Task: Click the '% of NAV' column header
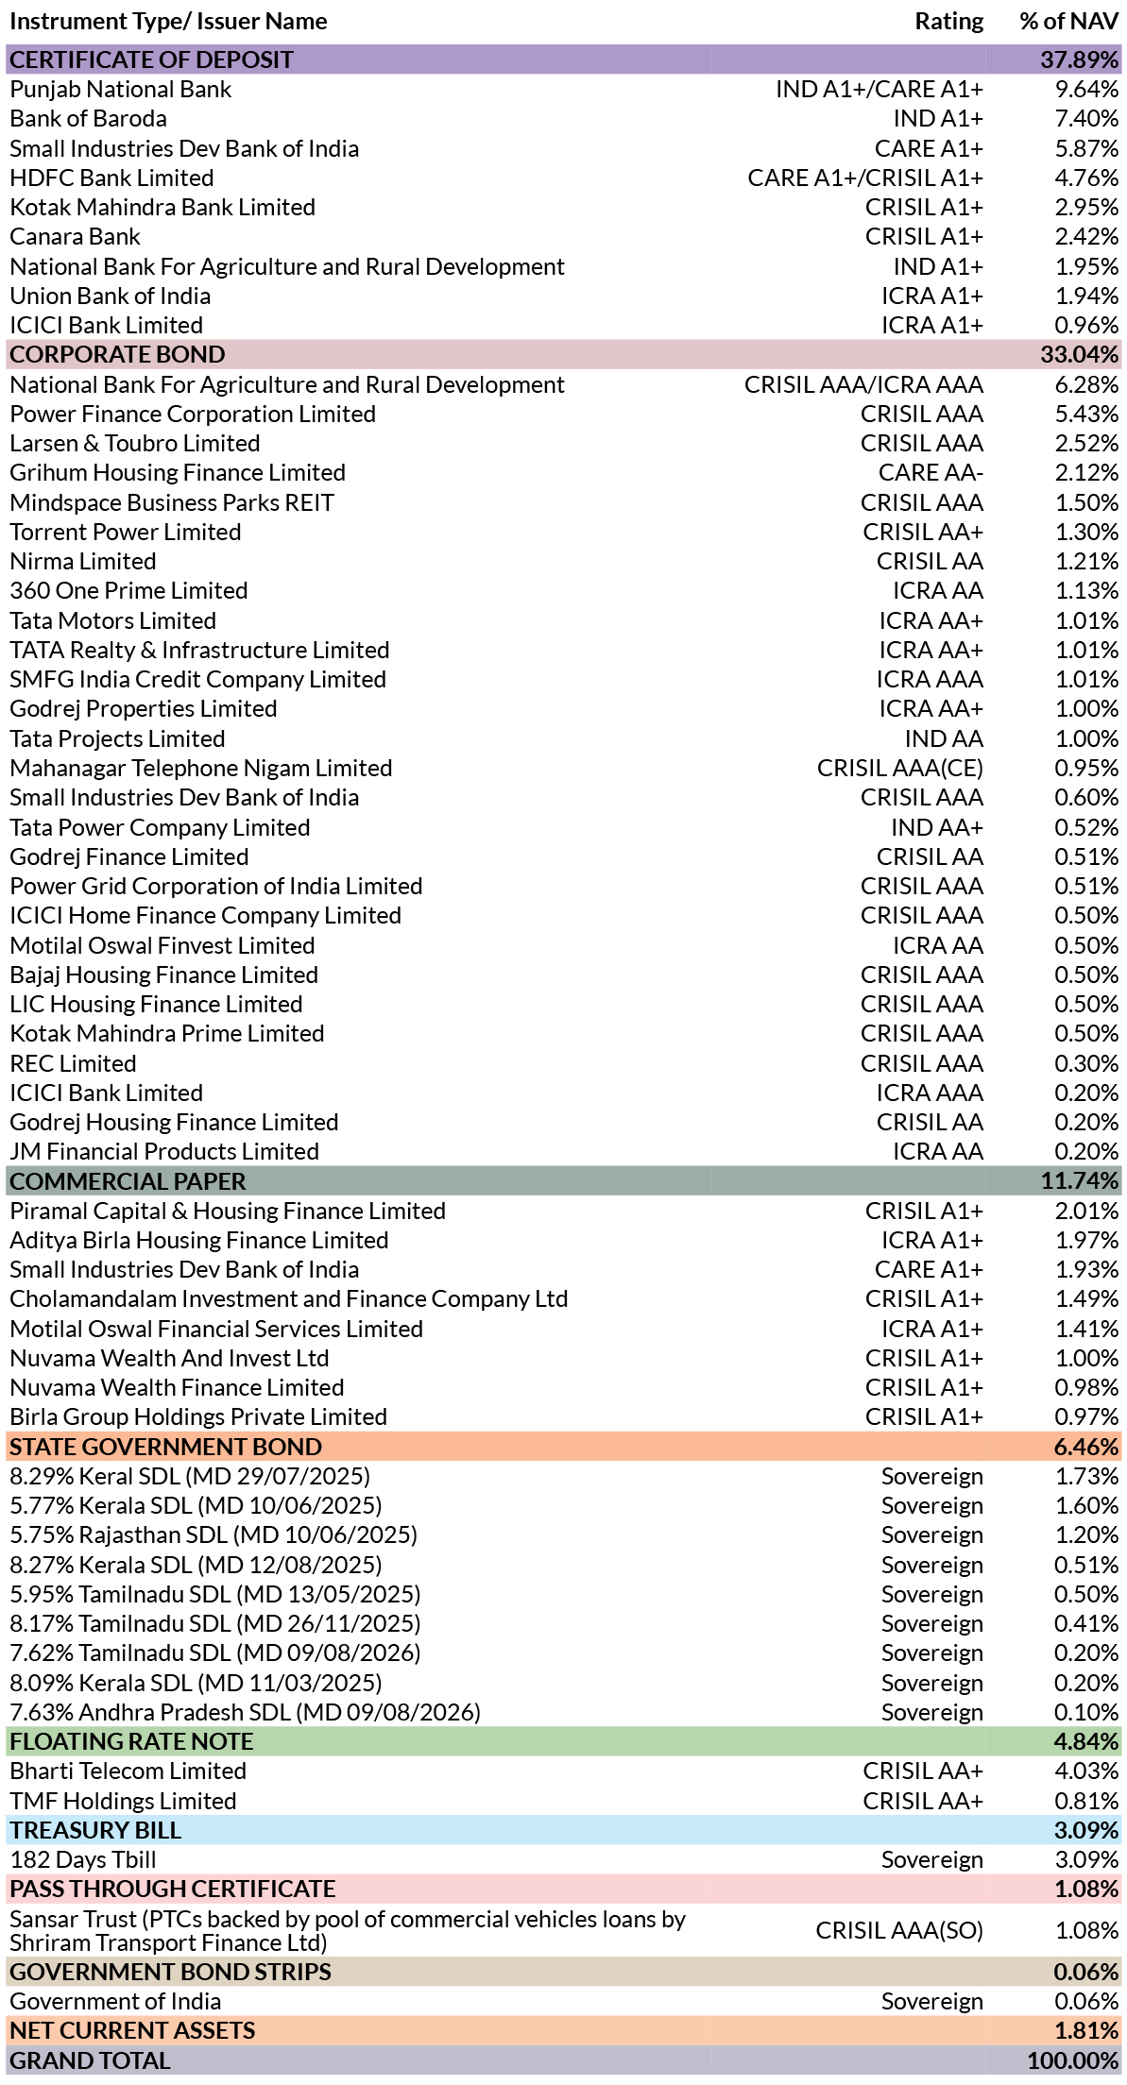(x=1068, y=21)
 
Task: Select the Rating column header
(x=948, y=21)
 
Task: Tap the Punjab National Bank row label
(x=120, y=89)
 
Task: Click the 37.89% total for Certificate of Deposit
(x=1079, y=59)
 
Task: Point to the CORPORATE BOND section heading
(x=117, y=354)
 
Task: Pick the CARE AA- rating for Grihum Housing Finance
(x=931, y=472)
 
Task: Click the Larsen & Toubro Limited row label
(x=134, y=443)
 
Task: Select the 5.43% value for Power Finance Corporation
(x=1086, y=414)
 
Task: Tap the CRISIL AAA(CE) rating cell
(x=899, y=768)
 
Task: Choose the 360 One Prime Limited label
(x=128, y=590)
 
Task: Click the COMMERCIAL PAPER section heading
(x=128, y=1181)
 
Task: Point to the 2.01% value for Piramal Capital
(x=1086, y=1211)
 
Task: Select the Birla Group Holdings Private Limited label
(x=198, y=1416)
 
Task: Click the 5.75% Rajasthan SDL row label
(x=213, y=1534)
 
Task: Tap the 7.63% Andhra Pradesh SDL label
(x=245, y=1712)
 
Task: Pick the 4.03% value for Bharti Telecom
(x=1086, y=1771)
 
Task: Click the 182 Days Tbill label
(x=83, y=1859)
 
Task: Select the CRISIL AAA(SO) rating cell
(x=899, y=1930)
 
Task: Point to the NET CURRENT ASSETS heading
(x=132, y=2030)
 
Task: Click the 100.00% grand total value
(x=1073, y=2060)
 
